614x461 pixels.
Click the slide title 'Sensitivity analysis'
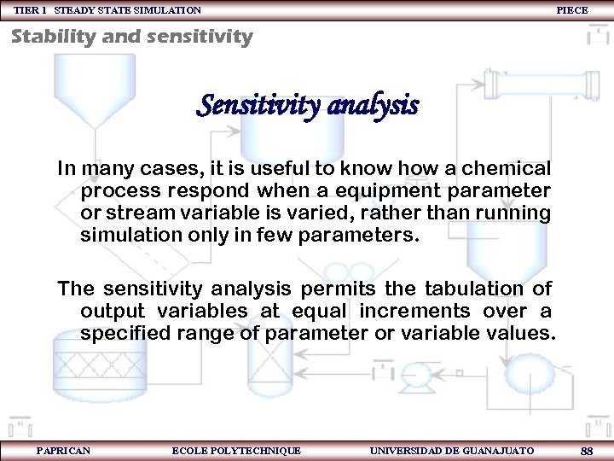coord(307,107)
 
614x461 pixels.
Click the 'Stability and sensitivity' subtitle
coord(132,37)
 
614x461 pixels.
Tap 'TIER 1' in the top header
coord(30,10)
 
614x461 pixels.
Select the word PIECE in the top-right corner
coord(571,10)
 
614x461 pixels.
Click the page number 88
coord(586,450)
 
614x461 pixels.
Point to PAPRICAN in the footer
coord(63,450)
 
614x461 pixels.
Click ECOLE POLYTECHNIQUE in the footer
coord(236,450)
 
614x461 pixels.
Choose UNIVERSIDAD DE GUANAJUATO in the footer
coord(452,450)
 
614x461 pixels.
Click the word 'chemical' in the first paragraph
coord(507,167)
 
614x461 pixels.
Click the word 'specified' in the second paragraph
coord(121,333)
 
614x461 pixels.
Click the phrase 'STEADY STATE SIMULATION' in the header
coord(128,10)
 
